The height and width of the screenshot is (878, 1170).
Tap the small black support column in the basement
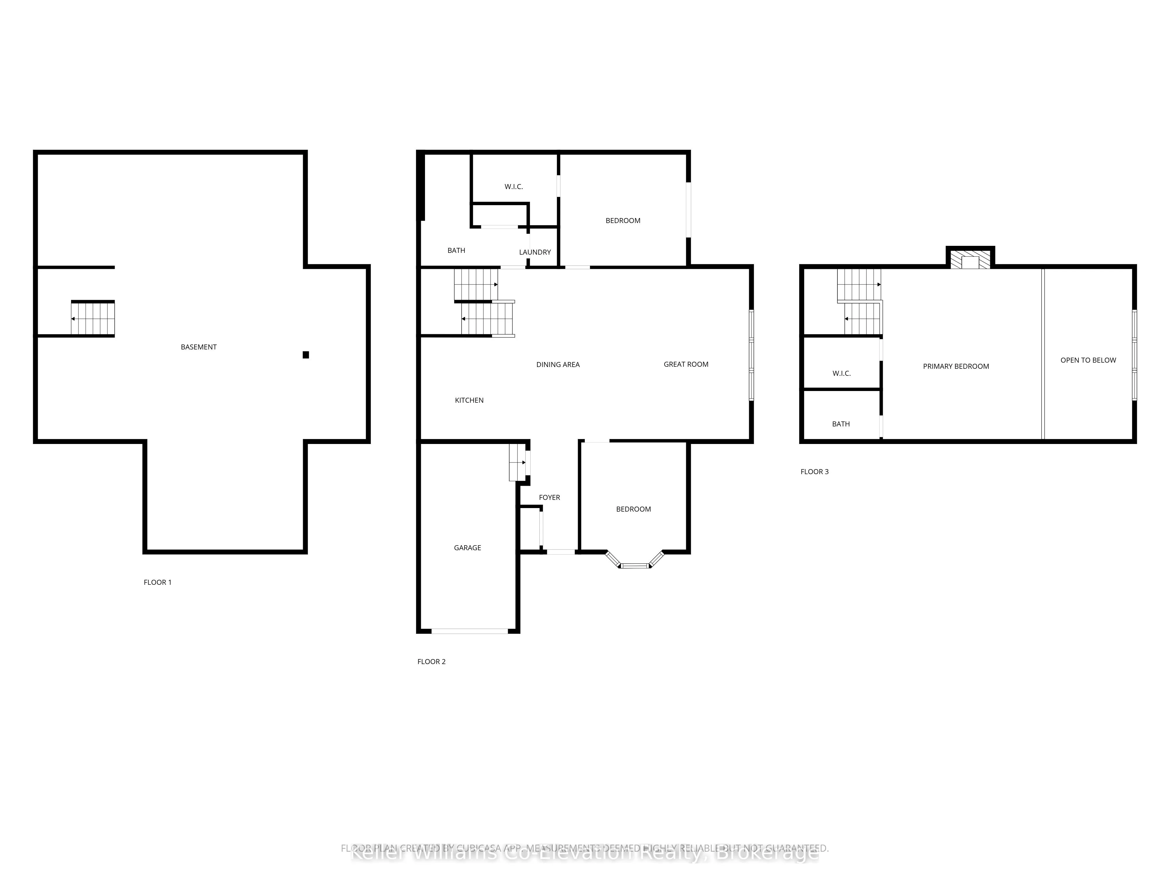tap(306, 355)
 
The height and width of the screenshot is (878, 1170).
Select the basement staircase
tap(93, 319)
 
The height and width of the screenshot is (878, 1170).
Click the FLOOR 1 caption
tap(158, 582)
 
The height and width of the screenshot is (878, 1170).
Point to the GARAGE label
tap(468, 548)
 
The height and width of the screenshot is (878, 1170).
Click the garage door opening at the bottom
tap(470, 631)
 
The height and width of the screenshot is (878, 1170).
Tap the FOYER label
tap(550, 498)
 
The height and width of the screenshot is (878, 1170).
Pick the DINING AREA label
tap(558, 365)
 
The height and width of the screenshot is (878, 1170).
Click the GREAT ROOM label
tap(686, 364)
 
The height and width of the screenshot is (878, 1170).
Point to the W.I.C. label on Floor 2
tap(514, 187)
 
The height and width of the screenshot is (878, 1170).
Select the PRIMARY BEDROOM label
tap(956, 366)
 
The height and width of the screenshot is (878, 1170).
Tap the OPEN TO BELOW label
tap(1088, 360)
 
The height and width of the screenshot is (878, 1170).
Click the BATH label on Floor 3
tap(841, 424)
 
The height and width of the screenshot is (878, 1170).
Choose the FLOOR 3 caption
tap(815, 471)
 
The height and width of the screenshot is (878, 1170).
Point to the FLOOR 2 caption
tap(432, 661)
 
